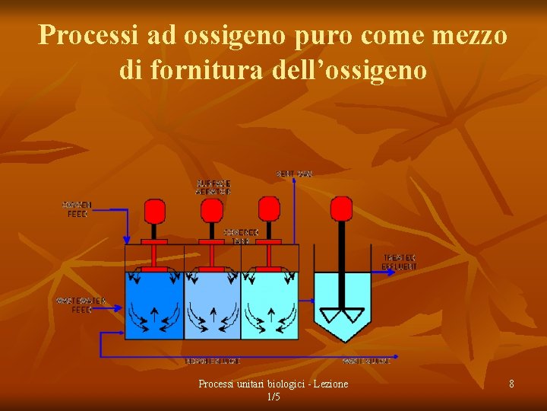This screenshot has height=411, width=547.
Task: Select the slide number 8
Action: tap(511, 384)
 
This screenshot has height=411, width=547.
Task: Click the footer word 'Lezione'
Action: tap(327, 384)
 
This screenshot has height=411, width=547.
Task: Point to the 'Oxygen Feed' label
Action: tap(76, 209)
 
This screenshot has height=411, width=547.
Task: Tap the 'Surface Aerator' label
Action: tap(213, 187)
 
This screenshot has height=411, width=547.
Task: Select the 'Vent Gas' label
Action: tap(294, 174)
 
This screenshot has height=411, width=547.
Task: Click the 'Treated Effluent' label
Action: tap(400, 262)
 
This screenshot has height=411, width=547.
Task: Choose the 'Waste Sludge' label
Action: tap(366, 361)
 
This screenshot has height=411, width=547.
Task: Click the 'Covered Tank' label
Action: tap(241, 236)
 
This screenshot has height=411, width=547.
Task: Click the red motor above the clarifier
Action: tap(341, 208)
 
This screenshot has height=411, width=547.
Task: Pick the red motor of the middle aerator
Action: tap(213, 210)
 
